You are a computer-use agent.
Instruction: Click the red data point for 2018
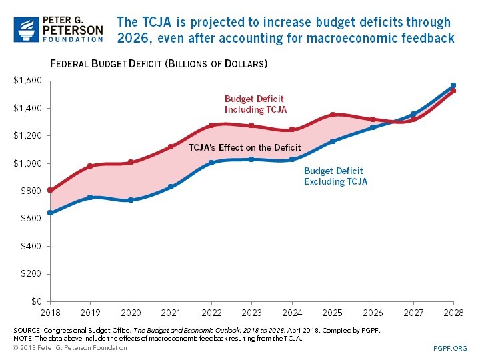50,190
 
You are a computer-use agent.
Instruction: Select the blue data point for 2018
50,213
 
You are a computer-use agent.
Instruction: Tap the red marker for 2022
211,125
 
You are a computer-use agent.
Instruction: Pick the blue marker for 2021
171,187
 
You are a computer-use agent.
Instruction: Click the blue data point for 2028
453,85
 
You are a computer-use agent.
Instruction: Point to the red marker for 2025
332,115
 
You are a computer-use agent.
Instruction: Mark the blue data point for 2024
292,159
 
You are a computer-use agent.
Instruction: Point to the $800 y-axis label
31,191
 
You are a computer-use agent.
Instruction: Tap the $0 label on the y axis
36,302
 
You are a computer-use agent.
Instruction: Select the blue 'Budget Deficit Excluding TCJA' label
335,176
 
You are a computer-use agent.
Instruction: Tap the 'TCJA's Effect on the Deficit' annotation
245,147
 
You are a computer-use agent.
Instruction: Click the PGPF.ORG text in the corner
450,348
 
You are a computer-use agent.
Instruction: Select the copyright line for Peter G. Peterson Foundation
70,348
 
